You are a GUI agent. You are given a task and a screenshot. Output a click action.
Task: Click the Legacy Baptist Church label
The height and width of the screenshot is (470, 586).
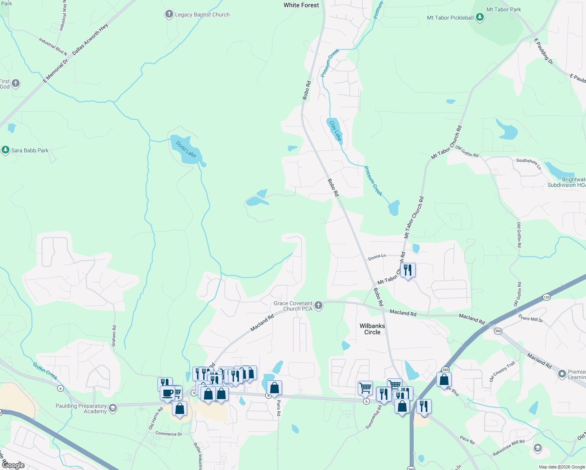coord(202,15)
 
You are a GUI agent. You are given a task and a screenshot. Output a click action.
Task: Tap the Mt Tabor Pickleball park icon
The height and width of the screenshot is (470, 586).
coord(479,18)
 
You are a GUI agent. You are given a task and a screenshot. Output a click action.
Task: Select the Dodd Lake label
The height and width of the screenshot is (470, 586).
coord(186,149)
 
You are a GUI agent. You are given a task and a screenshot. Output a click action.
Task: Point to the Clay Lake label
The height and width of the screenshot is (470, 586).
coord(336,131)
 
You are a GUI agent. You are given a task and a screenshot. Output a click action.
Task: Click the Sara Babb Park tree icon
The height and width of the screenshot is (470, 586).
coord(5,150)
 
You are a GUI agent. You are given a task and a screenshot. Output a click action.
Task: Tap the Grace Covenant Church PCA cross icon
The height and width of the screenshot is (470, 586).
coord(318,305)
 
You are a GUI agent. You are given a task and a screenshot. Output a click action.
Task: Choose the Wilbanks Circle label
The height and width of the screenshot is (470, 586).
coord(372,329)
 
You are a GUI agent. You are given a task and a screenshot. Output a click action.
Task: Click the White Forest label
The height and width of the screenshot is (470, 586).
coord(301,5)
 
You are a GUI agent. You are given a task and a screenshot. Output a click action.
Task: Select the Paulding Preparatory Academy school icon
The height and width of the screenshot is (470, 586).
coord(112,408)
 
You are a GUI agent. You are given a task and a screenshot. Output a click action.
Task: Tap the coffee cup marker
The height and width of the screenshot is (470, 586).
coord(167,393)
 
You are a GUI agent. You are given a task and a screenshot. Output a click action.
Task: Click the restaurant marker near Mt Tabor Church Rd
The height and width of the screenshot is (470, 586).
coord(408,270)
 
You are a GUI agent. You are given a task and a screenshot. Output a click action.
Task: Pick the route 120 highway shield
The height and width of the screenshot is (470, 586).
coord(547,297)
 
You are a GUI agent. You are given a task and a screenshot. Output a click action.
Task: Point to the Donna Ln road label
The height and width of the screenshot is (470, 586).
coord(377,257)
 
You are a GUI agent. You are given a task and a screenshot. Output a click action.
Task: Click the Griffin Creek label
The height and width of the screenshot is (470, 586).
coord(45,371)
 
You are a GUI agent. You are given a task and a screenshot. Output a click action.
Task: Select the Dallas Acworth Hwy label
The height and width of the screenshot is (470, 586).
coord(90,39)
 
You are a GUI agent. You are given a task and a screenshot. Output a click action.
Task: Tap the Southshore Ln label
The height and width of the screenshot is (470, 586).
coord(529,163)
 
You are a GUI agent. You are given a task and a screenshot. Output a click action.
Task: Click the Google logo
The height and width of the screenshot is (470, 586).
coord(13,465)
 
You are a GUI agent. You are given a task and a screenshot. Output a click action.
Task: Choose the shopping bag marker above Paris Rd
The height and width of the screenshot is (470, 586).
coord(275,388)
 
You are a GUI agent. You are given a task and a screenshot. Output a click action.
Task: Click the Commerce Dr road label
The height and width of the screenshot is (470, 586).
coord(168,434)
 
